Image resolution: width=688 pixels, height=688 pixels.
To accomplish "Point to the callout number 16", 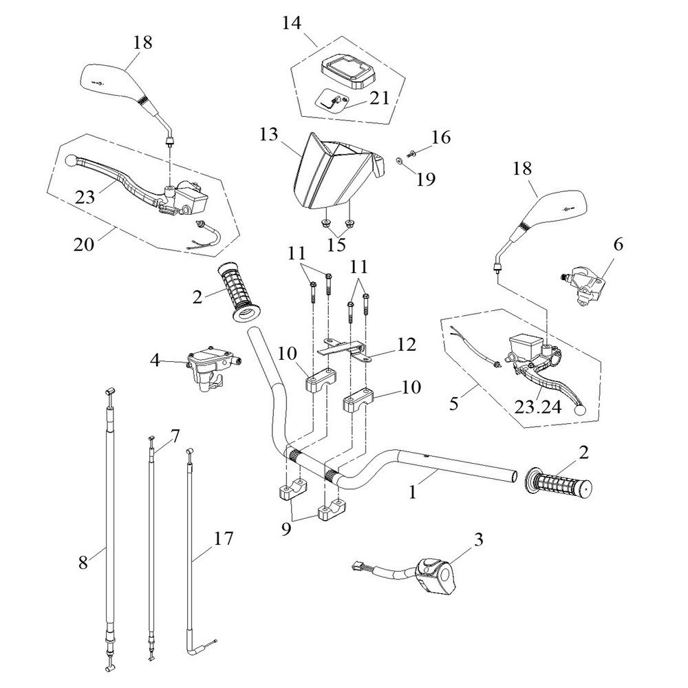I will tap(441, 138).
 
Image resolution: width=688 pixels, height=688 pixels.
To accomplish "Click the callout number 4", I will tap(155, 359).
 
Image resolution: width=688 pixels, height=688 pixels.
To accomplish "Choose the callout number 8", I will tap(84, 562).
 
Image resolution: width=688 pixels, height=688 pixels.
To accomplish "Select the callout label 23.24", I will tap(537, 407).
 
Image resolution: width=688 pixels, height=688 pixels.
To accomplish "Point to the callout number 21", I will tap(379, 98).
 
